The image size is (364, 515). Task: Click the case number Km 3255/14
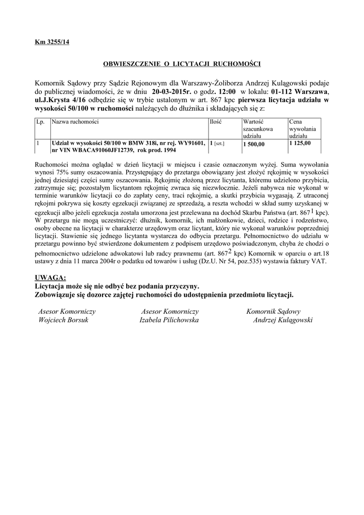(52, 42)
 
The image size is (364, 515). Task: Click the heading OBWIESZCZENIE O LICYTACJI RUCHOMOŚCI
(181, 64)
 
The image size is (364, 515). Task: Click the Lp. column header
(40, 122)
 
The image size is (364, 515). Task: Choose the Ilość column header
(216, 122)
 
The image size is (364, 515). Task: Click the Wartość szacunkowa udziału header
(258, 129)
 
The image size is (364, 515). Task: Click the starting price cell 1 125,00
(300, 143)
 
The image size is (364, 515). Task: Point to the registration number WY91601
(191, 143)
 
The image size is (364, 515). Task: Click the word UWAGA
(50, 278)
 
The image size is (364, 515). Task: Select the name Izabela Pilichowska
(169, 320)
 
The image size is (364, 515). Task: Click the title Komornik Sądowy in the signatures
(274, 312)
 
